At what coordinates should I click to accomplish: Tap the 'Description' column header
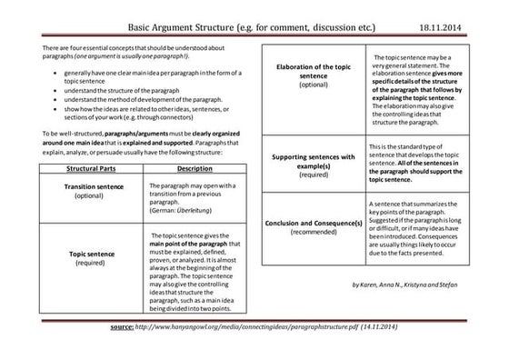tap(195, 169)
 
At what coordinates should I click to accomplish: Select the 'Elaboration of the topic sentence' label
tap(312, 71)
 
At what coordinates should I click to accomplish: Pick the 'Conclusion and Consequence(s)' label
tap(312, 223)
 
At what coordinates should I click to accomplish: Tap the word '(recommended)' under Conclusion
tap(312, 233)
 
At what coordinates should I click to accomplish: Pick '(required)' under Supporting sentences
tap(312, 175)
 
